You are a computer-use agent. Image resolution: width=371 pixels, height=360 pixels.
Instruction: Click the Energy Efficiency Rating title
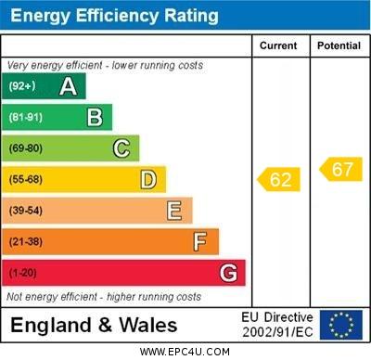coord(114,16)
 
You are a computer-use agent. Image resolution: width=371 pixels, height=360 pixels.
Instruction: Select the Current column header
coord(278,45)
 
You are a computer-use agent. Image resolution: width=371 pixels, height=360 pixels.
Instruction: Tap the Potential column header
coord(339,45)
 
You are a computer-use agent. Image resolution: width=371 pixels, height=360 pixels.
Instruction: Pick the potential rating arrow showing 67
coord(340,169)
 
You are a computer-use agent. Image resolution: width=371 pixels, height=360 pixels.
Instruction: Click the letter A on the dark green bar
coord(68,86)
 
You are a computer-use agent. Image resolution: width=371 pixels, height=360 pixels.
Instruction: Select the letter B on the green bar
coord(95,117)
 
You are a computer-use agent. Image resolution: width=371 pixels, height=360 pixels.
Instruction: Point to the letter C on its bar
coord(122,148)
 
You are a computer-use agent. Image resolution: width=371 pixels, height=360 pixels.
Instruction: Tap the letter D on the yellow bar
coord(148,179)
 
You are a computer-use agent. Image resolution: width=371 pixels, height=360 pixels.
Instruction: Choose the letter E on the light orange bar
coord(174,211)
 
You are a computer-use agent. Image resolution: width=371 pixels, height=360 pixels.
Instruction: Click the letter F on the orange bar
coord(199,242)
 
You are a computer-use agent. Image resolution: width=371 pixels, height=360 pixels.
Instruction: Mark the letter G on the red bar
coord(228,273)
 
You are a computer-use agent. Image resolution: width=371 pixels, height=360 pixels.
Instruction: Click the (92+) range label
coord(22,86)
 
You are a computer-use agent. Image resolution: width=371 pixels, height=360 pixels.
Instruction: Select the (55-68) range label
coord(26,179)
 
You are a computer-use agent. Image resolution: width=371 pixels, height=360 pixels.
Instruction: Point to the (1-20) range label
coord(23,273)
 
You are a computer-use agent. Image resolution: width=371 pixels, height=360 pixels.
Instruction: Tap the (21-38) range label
coord(26,242)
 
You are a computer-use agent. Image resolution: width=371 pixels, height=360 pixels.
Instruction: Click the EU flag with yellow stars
coord(340,325)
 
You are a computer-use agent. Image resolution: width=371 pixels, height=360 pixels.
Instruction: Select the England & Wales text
coord(94,326)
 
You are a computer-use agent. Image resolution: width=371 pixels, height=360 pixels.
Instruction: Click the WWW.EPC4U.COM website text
coord(185,352)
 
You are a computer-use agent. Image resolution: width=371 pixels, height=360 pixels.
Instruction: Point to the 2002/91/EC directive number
coord(277,332)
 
